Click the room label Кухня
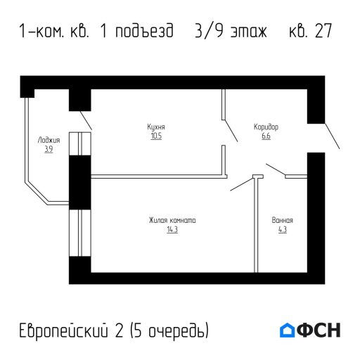pos(156,127)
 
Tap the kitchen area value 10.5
pos(156,136)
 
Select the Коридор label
pos(266,127)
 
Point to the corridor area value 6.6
pos(266,136)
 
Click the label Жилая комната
pos(172,221)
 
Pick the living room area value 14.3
pos(172,229)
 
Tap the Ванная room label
pos(282,221)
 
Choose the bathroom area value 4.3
pos(282,229)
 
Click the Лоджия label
pos(49,141)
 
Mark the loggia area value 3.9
pos(49,149)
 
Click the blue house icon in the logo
pos(287,330)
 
